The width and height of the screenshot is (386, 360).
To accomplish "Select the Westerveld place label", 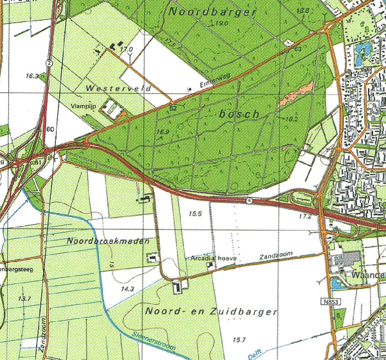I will (113, 86).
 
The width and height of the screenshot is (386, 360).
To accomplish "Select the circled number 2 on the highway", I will (49, 62).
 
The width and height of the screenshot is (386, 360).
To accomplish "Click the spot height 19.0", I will (223, 23).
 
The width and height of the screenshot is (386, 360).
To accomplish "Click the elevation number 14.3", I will (129, 289).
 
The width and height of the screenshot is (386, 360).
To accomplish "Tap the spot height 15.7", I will (239, 339).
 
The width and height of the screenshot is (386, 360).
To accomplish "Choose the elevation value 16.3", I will (32, 76).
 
